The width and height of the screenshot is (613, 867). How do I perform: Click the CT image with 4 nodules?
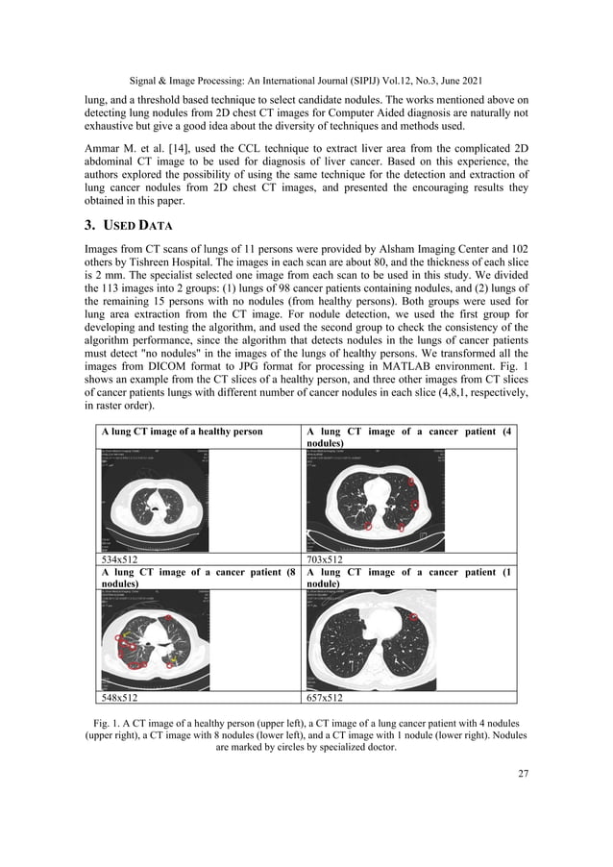(x=377, y=497)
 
